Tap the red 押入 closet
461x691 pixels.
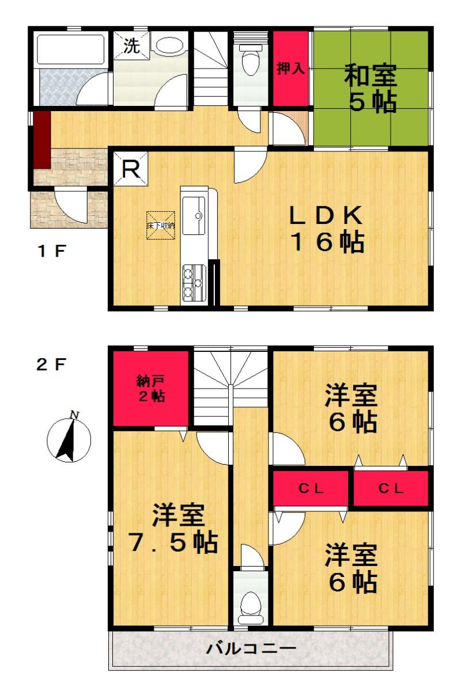(x=290, y=69)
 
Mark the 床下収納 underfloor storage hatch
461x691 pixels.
(x=160, y=226)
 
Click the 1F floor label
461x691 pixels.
(x=52, y=251)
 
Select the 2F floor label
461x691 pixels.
(x=52, y=365)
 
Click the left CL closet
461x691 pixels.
(x=311, y=489)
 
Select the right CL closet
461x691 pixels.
(x=391, y=489)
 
